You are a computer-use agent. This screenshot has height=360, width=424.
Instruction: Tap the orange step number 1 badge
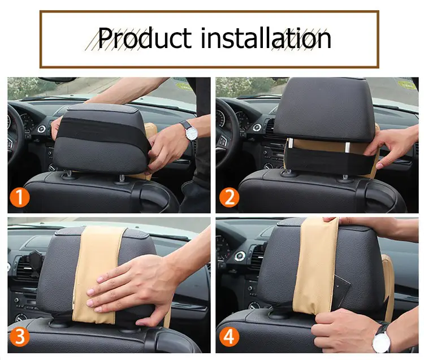[x=19, y=198]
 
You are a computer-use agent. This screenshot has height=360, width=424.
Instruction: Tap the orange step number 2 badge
[x=230, y=198]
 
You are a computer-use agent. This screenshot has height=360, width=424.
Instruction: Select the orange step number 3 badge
[x=19, y=336]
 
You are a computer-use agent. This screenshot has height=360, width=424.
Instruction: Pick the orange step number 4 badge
[x=230, y=336]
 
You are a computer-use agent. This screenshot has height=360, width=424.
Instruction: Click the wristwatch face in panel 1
[x=192, y=133]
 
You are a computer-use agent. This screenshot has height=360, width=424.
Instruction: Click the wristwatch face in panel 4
[x=381, y=342]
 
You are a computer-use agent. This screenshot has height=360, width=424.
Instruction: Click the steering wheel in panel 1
[x=15, y=135]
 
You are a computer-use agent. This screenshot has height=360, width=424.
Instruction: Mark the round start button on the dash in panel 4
[x=240, y=256]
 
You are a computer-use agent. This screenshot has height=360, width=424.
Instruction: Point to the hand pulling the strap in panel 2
[x=392, y=146]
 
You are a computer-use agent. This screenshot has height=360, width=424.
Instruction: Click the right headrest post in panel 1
[x=122, y=179]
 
